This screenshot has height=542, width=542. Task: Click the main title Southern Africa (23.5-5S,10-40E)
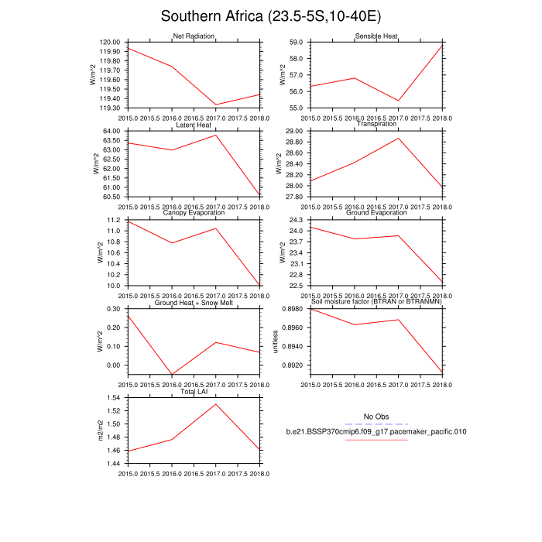point(271,16)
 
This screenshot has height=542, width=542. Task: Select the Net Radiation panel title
point(194,36)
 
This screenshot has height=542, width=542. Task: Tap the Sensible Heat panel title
point(377,36)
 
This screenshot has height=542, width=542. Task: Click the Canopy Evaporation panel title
point(194,213)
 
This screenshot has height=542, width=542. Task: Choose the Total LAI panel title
point(194,392)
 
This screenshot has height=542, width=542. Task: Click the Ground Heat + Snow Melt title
point(194,302)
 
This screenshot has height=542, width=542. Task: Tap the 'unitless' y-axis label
point(276,341)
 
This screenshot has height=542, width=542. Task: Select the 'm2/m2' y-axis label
point(98,431)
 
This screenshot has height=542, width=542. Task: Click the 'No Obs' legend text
point(376,417)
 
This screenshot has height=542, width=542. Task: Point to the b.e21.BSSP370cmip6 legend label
point(376,431)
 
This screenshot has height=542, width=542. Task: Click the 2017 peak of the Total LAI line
point(216,404)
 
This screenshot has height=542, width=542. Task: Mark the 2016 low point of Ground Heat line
point(172,375)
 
